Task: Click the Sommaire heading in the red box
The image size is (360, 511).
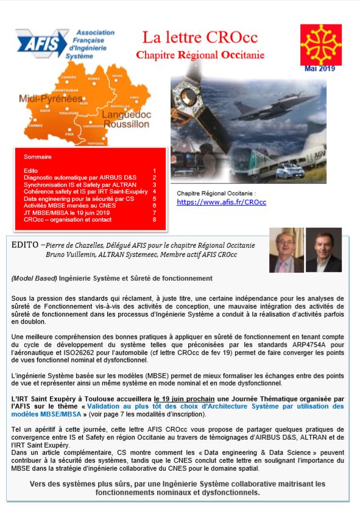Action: point(38,157)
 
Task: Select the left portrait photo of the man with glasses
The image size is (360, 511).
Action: point(286,250)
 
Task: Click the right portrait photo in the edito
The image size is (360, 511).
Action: point(323,250)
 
